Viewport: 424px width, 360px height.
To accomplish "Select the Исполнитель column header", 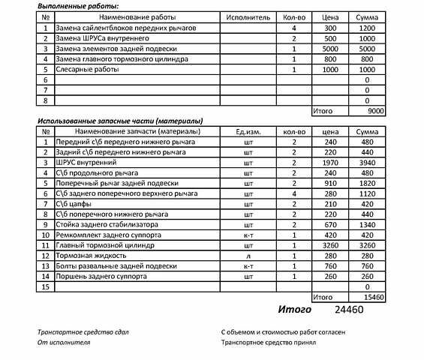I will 242,16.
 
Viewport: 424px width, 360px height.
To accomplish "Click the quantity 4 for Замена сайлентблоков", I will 294,27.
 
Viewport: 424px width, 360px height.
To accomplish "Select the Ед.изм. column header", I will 248,131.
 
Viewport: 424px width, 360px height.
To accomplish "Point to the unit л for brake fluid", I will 248,255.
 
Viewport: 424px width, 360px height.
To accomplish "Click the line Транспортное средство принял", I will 269,342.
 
